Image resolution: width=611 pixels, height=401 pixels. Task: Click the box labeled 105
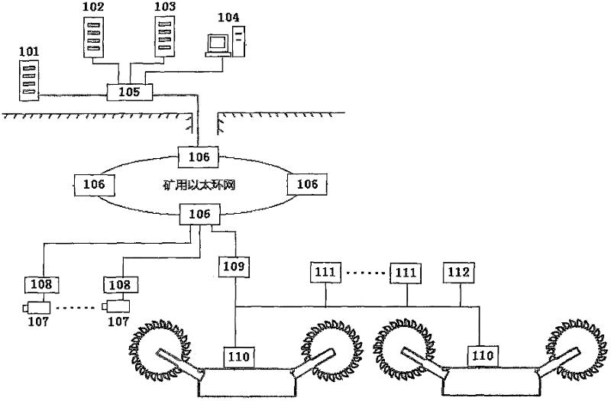click(128, 92)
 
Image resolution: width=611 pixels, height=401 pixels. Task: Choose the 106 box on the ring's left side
click(94, 184)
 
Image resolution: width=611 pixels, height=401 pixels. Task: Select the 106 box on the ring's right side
click(307, 184)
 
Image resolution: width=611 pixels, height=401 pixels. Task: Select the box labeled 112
click(461, 271)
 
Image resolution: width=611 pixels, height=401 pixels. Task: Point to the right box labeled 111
click(406, 271)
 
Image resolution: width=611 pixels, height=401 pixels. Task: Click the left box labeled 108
click(40, 285)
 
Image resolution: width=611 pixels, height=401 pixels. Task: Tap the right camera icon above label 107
click(117, 307)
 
